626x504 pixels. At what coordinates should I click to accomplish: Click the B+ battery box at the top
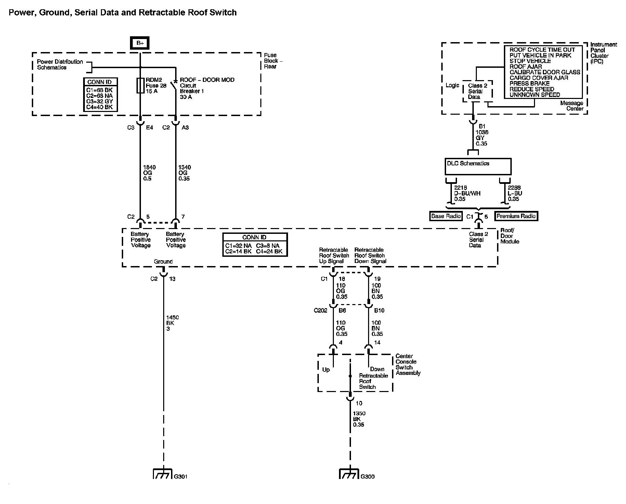140,43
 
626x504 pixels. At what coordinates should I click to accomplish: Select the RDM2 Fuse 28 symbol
140,85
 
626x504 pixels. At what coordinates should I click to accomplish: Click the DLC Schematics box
478,166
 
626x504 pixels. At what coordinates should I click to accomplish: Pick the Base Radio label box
446,216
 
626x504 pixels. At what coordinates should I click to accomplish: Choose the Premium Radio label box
516,216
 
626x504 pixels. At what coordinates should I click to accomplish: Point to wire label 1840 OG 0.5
149,173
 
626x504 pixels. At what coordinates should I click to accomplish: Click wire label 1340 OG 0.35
184,173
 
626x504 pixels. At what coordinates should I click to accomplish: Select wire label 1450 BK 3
172,323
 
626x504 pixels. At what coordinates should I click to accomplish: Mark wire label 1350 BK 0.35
359,419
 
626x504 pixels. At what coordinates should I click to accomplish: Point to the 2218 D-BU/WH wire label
467,193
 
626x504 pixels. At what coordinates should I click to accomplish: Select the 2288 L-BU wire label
514,193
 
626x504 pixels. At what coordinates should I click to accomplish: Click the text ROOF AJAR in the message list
525,67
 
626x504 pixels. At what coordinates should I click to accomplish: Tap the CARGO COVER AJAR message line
539,78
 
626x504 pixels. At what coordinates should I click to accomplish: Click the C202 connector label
321,311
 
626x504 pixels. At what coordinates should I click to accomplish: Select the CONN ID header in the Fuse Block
101,82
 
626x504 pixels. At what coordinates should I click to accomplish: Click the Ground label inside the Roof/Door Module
163,262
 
